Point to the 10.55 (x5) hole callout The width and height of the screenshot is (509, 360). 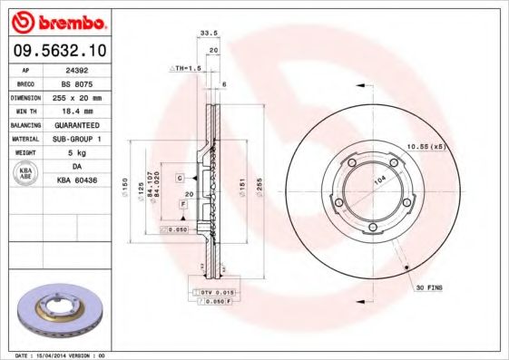pos(426,146)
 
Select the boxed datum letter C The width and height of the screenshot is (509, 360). pos(181,177)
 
